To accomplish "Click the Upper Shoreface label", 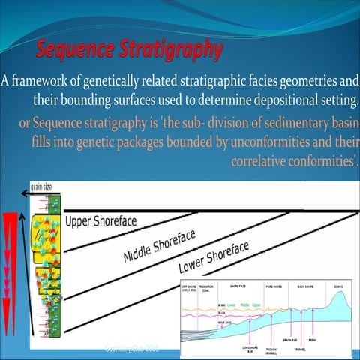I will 102,221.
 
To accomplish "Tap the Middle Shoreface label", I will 159,247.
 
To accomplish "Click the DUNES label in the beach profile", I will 339,286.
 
